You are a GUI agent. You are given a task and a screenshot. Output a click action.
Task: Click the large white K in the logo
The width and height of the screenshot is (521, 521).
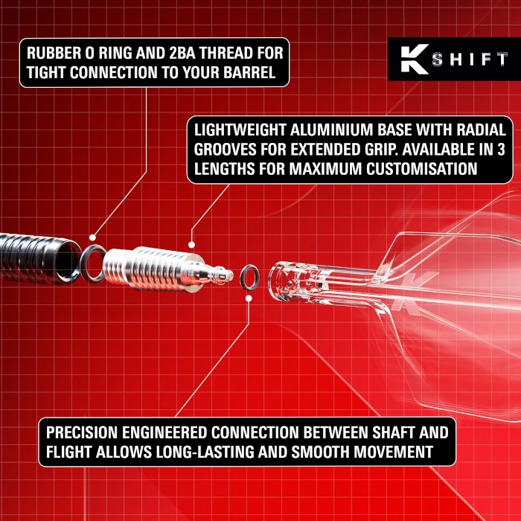point(415,59)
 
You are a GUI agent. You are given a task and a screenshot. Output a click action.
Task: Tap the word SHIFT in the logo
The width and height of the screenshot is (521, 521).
point(470,59)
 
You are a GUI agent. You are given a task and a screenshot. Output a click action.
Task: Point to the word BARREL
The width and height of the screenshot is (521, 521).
point(249,72)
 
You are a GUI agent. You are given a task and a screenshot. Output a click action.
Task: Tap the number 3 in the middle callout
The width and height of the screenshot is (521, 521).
point(501,150)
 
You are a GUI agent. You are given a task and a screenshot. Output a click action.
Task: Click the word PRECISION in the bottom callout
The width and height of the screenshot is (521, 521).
point(82,432)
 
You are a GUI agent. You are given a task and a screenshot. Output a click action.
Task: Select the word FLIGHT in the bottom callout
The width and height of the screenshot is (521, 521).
point(68,452)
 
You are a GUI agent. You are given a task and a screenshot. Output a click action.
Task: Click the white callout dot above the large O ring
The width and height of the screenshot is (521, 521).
point(93,237)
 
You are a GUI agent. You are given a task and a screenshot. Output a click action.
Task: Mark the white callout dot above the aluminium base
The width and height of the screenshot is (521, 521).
point(191,245)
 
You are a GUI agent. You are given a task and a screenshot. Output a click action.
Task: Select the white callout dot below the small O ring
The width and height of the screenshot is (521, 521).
point(249,298)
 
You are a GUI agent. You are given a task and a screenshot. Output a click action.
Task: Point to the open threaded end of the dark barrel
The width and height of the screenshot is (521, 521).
point(68,260)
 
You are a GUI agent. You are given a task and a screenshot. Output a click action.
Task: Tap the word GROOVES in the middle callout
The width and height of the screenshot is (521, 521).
point(226,150)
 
